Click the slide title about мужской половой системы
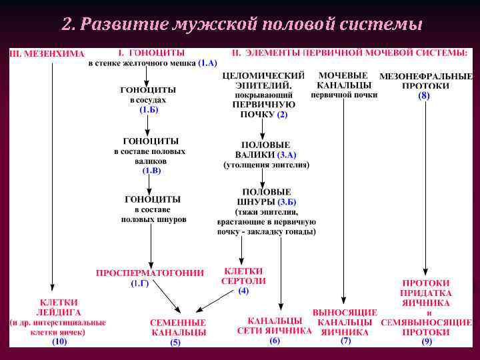point(241,25)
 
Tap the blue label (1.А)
point(207,63)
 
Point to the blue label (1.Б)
point(149,109)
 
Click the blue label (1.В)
point(151,171)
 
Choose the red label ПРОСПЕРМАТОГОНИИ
point(150,273)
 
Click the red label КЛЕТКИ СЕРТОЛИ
point(243,276)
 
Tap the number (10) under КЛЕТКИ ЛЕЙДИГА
point(59,341)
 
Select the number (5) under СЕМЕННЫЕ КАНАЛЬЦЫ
point(175,342)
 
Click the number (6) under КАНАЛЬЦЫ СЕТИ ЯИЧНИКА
point(275,340)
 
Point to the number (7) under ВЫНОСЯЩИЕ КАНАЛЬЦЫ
point(345,341)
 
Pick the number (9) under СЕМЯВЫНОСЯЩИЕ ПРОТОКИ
point(427,341)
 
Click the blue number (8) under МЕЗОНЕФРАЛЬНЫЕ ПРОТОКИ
point(424,96)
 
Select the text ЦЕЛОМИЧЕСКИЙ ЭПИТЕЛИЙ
point(263,80)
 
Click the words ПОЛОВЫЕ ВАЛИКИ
point(265,149)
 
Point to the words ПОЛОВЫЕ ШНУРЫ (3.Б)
point(266,197)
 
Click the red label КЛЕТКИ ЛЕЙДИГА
point(59,307)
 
